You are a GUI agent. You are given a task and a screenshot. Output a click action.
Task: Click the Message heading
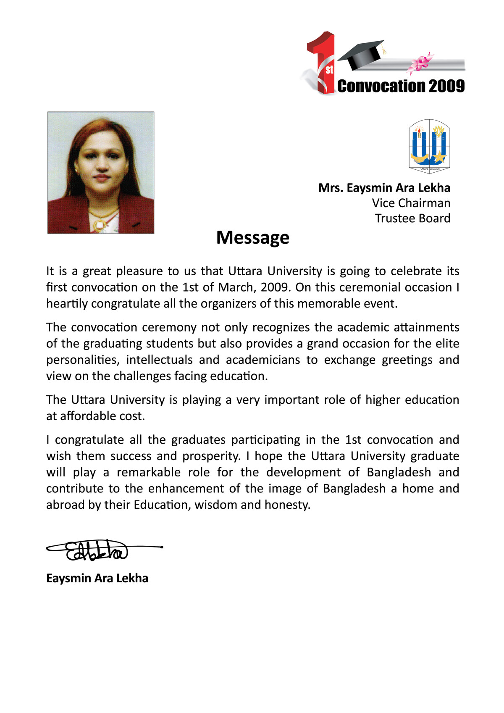[252, 237]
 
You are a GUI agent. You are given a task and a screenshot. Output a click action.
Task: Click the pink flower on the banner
[420, 63]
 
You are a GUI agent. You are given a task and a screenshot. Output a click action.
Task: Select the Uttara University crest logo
[429, 146]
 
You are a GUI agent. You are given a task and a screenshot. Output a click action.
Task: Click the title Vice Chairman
[411, 203]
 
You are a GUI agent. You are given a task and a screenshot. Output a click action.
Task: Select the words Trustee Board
[412, 218]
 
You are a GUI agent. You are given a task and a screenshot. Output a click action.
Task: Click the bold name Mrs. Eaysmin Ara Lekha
[384, 188]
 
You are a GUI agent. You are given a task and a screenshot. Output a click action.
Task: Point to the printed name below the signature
[97, 578]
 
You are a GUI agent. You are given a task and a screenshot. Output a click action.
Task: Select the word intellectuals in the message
[159, 360]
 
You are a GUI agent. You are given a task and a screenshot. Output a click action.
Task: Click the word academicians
[263, 360]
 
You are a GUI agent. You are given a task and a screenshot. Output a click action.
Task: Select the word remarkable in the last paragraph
[149, 472]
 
